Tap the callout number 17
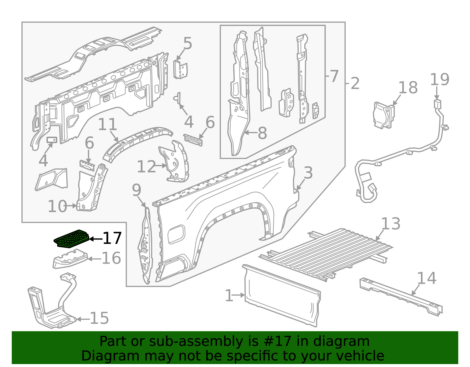(112, 238)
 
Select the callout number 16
(111, 258)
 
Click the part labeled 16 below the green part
(70, 259)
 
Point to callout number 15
(99, 318)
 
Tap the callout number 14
(427, 278)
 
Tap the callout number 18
(408, 88)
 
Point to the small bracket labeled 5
(180, 70)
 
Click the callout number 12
(146, 167)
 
